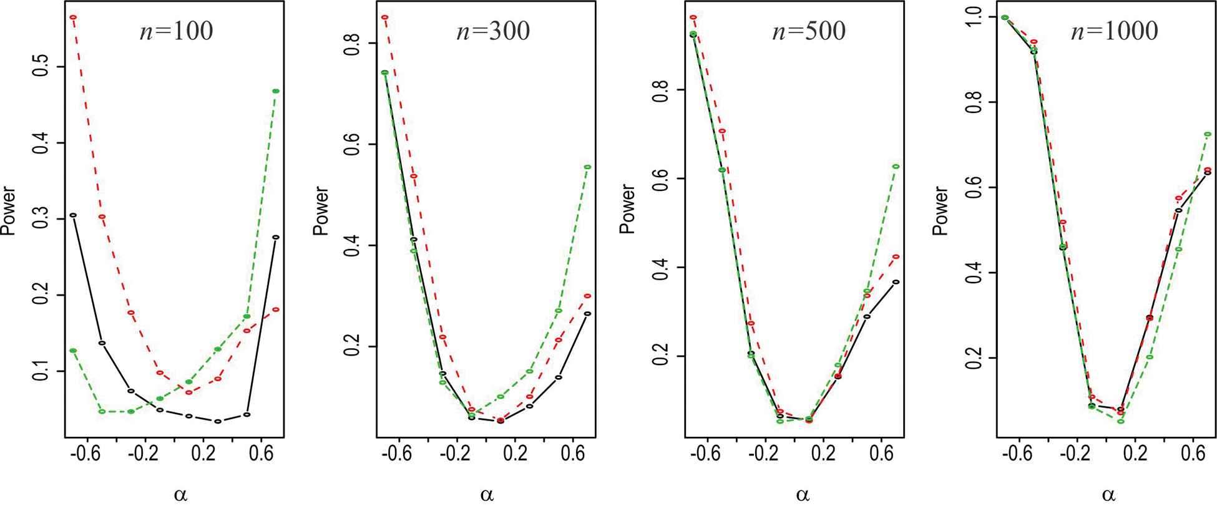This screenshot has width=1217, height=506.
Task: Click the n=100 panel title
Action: [x=175, y=31]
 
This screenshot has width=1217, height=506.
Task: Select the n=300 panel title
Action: [x=493, y=31]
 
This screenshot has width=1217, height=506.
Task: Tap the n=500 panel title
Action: [x=809, y=31]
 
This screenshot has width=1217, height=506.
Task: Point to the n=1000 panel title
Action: [x=1115, y=31]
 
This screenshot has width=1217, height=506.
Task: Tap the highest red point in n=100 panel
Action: [x=73, y=17]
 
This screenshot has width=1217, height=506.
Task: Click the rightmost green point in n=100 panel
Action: [x=276, y=91]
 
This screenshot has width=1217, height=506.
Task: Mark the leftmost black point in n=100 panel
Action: [x=73, y=215]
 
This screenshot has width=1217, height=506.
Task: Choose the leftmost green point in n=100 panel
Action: [x=73, y=351]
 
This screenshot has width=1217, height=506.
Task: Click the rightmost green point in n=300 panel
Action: [x=587, y=167]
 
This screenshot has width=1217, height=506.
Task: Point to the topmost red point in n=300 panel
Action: [x=385, y=17]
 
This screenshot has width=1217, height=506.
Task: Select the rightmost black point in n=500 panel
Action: [x=896, y=282]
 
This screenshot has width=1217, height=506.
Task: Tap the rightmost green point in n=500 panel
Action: [x=896, y=167]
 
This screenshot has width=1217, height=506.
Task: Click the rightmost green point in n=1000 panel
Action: [x=1208, y=134]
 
